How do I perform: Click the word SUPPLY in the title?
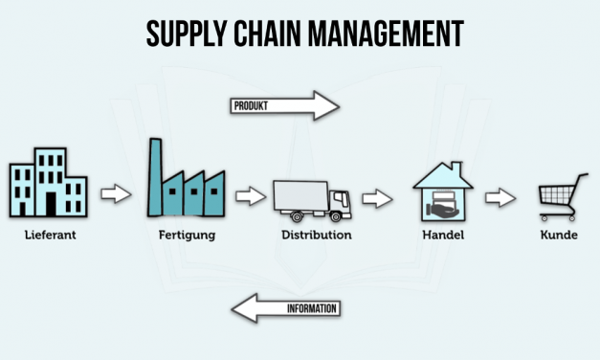186,34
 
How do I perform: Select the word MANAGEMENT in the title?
388,34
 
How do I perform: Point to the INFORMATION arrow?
287,308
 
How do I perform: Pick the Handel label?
443,234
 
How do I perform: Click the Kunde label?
558,234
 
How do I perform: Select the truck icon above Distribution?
311,198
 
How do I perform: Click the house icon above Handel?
443,194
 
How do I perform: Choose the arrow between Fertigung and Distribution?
251,196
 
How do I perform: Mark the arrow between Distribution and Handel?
377,199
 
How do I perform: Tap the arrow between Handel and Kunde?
500,197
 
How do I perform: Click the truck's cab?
340,200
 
